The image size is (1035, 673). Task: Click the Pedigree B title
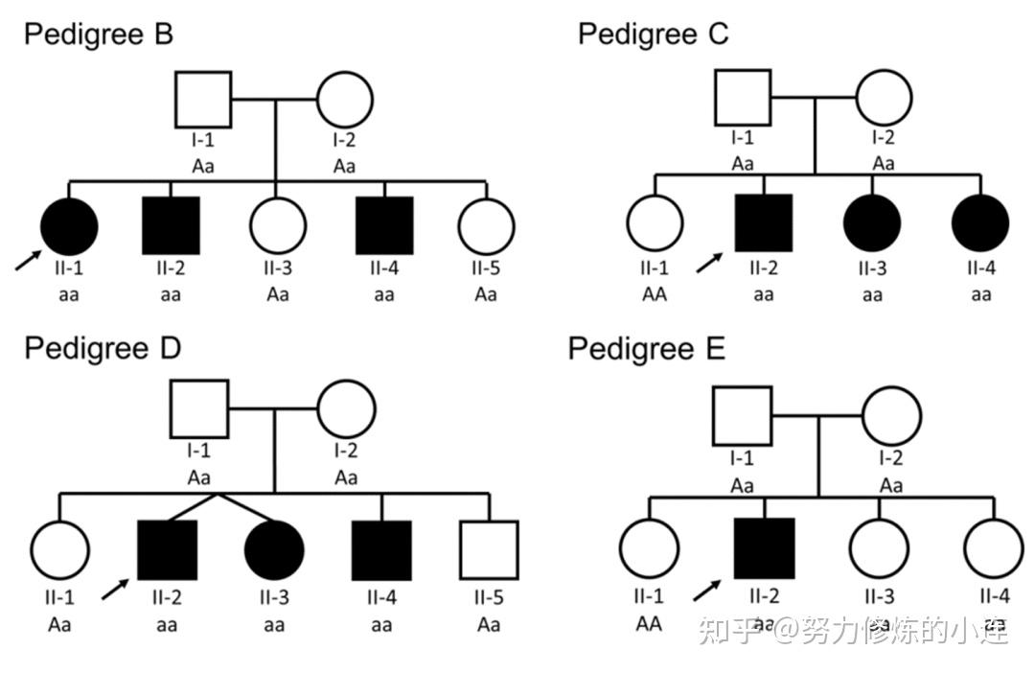click(x=99, y=35)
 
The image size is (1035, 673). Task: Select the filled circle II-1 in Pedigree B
click(x=69, y=226)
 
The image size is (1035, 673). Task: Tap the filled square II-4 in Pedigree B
click(x=384, y=226)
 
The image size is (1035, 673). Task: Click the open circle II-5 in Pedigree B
click(x=486, y=226)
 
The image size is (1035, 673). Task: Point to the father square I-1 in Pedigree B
click(x=202, y=100)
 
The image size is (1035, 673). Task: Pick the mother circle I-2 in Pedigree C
click(x=884, y=98)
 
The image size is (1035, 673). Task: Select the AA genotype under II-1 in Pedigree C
click(x=655, y=293)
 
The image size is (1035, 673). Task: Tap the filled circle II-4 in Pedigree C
click(x=980, y=222)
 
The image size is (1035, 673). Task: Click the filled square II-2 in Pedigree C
click(x=764, y=222)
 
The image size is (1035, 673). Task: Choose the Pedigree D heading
click(x=103, y=347)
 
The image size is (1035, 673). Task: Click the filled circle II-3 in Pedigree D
click(x=274, y=550)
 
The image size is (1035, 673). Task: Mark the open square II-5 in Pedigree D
click(x=489, y=550)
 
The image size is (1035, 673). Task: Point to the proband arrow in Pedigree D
click(x=115, y=588)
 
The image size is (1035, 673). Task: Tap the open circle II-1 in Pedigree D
click(x=59, y=550)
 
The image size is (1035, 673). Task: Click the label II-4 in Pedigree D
click(x=381, y=598)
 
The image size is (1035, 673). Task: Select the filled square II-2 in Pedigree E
click(x=764, y=548)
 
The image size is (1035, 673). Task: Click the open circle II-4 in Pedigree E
click(x=993, y=548)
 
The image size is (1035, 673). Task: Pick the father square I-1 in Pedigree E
click(x=742, y=416)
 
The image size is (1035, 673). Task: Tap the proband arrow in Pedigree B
click(x=28, y=260)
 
